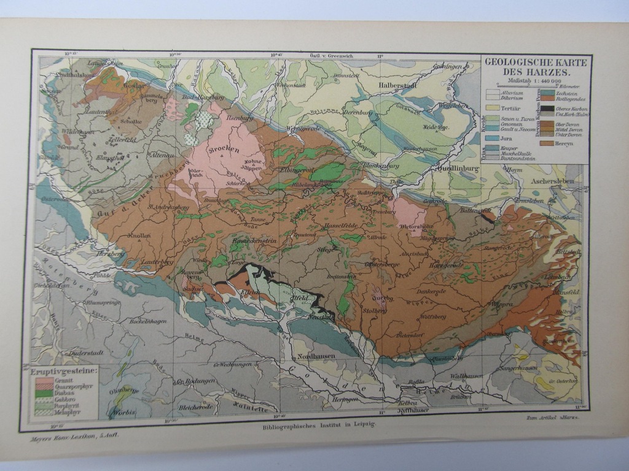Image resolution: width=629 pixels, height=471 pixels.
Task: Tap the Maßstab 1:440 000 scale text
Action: coord(534,81)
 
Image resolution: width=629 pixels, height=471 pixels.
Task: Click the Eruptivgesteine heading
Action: coord(62,371)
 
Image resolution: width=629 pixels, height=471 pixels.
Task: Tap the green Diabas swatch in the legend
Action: coord(42,392)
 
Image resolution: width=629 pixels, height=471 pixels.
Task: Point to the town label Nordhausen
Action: coord(312,359)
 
